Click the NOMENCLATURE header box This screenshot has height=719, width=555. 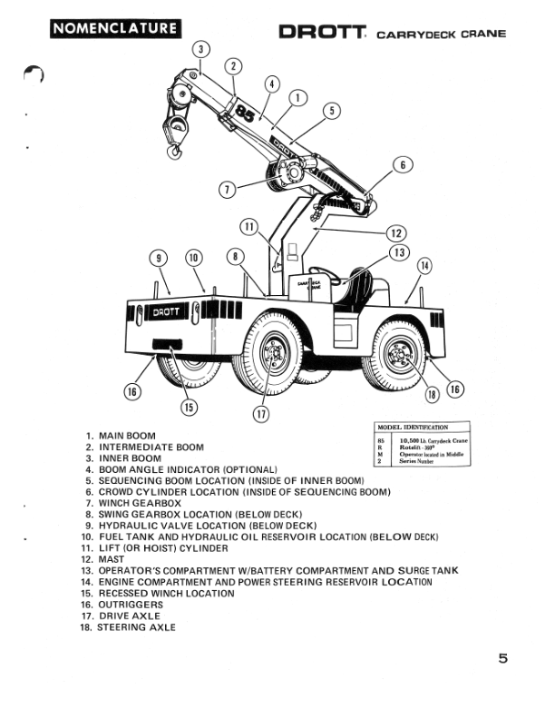tap(113, 28)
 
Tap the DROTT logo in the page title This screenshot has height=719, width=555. tap(322, 34)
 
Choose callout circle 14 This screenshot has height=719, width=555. tap(425, 266)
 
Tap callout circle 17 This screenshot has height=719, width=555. tap(263, 415)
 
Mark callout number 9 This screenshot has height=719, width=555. tap(161, 257)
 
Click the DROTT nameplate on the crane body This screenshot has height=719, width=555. tap(165, 311)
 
